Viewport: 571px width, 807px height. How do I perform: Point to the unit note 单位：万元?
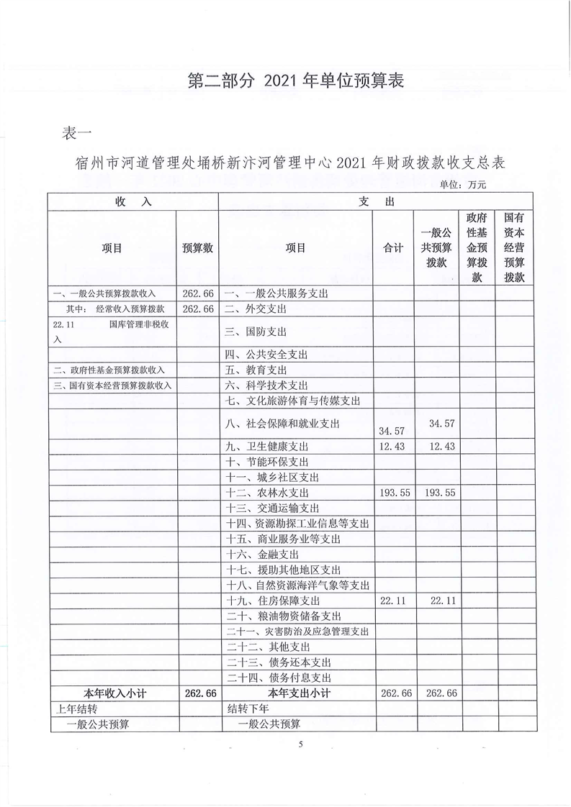coord(463,185)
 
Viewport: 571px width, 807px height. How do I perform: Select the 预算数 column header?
coord(197,248)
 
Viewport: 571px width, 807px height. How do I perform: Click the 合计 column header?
coord(393,248)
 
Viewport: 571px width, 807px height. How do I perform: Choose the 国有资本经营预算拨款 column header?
coord(513,248)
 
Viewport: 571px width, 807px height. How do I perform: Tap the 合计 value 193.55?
coord(393,493)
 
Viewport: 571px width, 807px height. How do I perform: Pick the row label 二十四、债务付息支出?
coord(279,678)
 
